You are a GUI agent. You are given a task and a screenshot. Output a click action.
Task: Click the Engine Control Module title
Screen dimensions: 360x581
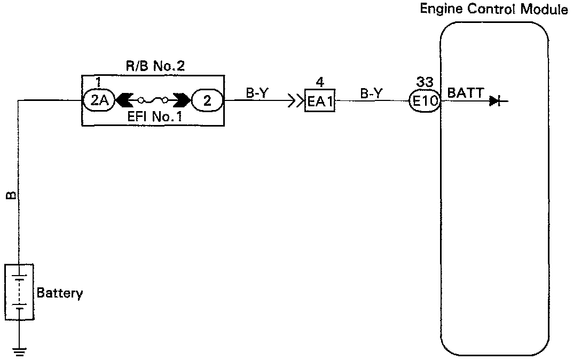[494, 9]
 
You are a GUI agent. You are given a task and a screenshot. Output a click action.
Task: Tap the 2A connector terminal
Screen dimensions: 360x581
[97, 100]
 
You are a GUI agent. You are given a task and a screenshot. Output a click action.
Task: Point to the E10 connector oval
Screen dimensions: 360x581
[425, 101]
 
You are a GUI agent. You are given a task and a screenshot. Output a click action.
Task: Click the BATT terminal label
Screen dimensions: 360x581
[465, 93]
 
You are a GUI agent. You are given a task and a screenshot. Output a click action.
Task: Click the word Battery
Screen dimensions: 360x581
[60, 293]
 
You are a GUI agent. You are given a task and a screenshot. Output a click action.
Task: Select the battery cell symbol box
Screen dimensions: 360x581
[19, 292]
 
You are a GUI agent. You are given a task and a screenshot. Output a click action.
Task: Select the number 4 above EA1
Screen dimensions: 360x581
[319, 83]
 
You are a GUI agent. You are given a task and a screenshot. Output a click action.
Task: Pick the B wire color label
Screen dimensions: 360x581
[10, 196]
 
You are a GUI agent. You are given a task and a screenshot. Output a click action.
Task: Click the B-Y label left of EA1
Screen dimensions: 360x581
[256, 92]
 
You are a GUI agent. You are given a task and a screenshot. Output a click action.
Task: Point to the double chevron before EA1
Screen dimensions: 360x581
[295, 101]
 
